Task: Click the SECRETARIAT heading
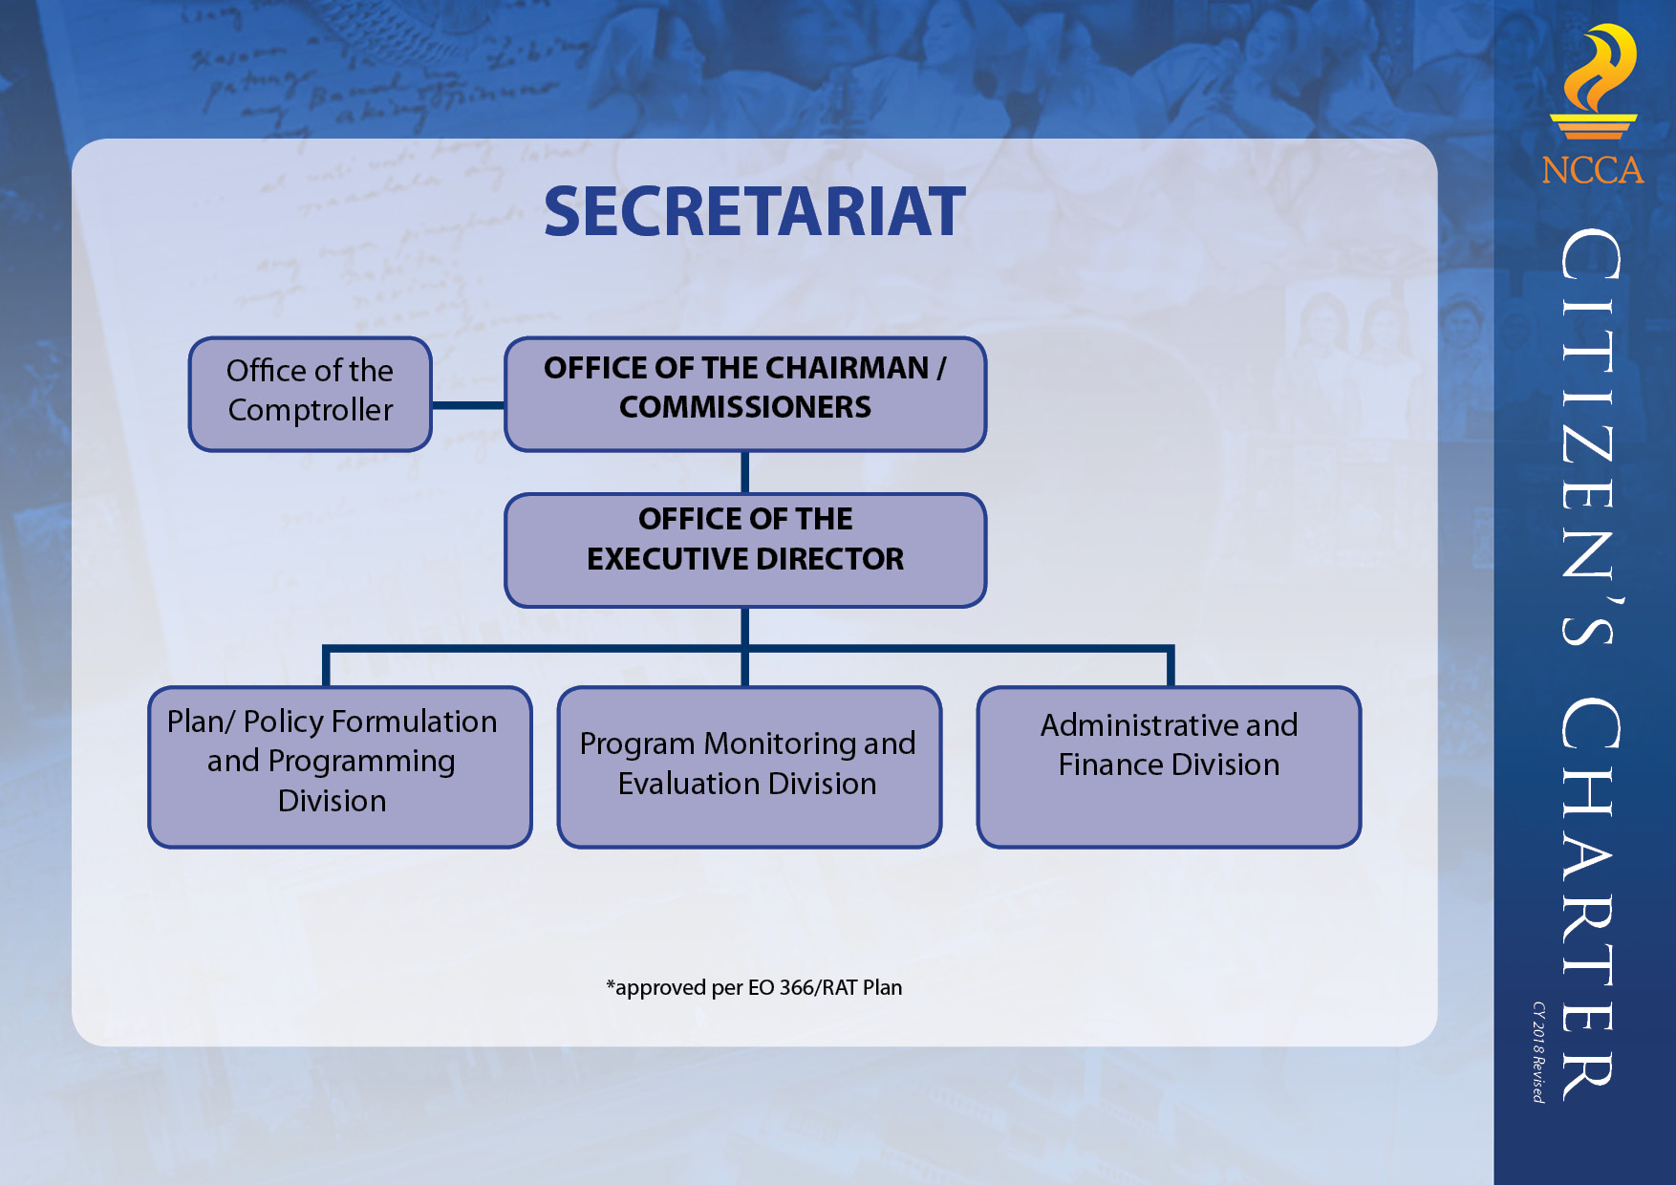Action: tap(755, 211)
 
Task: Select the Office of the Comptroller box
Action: tap(311, 394)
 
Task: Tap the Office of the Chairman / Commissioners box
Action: tap(745, 394)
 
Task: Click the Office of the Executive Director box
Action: tap(745, 549)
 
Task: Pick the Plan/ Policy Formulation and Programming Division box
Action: tap(340, 766)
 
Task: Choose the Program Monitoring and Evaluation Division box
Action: tap(749, 766)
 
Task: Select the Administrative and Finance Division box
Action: tap(1169, 766)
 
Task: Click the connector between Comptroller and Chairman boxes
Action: tap(468, 405)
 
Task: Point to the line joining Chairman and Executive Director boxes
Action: tap(744, 472)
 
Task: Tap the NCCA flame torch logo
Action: tap(1593, 82)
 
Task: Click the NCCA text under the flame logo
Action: tap(1593, 170)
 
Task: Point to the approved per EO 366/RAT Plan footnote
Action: tap(754, 987)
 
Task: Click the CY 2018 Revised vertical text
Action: tap(1538, 1052)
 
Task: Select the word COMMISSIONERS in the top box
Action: tap(745, 407)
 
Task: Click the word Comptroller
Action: tap(311, 410)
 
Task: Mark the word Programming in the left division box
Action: tap(362, 762)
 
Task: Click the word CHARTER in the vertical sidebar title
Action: tap(1589, 898)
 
